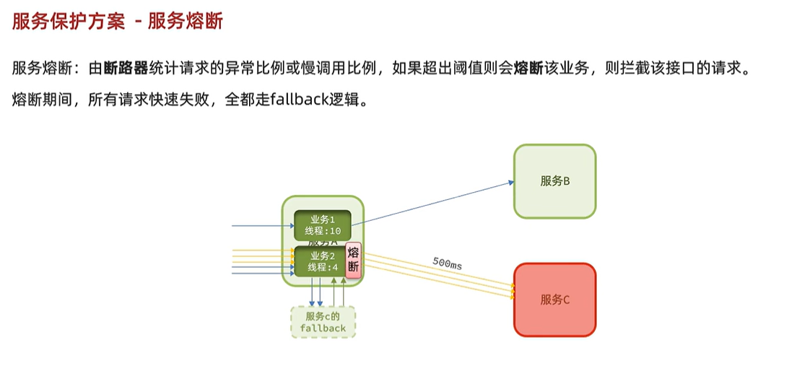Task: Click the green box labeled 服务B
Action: click(554, 181)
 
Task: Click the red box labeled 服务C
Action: click(554, 300)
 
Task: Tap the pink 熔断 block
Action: click(353, 260)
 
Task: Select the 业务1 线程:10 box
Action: click(322, 225)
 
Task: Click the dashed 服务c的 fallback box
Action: click(323, 322)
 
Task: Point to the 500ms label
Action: click(447, 263)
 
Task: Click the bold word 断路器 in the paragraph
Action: click(126, 69)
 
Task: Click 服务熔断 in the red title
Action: click(186, 21)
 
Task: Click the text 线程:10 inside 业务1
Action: click(323, 231)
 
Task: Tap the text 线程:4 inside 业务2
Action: click(323, 267)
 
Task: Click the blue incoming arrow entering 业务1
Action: click(260, 226)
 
